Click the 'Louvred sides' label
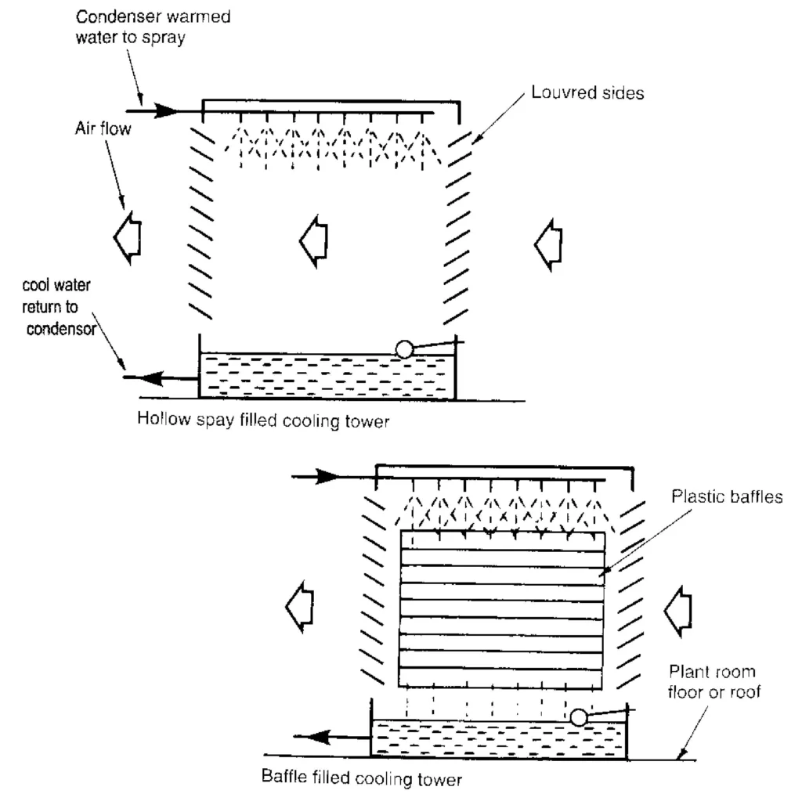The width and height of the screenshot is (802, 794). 587,93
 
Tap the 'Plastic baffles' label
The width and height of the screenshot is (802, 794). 727,497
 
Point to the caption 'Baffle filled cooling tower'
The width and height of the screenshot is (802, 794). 363,779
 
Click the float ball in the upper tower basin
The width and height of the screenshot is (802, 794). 404,349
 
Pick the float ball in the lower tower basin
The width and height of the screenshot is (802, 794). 578,716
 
